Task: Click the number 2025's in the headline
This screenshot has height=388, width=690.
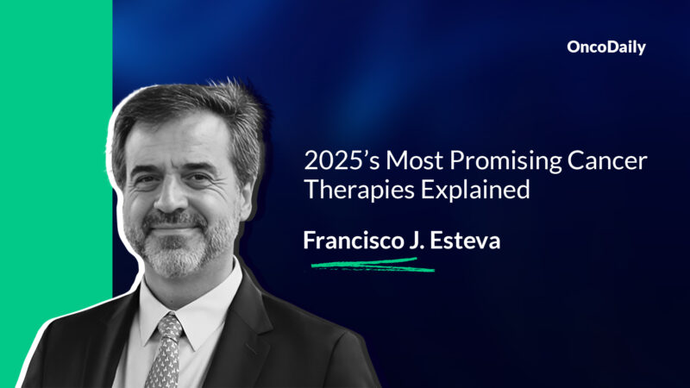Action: (336, 161)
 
